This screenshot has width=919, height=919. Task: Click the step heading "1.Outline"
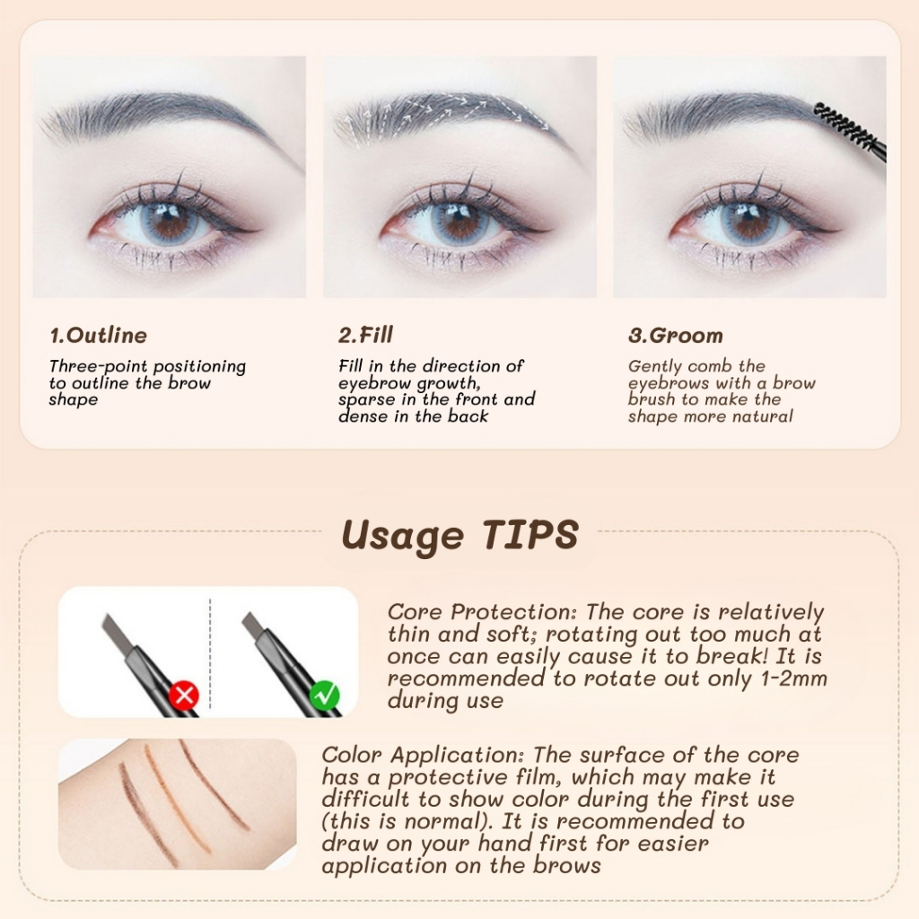(99, 336)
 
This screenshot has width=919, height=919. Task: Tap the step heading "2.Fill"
(365, 335)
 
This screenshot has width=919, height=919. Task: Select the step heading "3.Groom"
(675, 336)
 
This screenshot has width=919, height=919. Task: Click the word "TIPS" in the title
(530, 535)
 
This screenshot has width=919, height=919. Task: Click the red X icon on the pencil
(184, 696)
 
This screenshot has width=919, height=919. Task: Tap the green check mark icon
(325, 696)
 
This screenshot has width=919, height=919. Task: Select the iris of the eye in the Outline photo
(169, 225)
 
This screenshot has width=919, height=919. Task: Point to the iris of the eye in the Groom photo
(749, 225)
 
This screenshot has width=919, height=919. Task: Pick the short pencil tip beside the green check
(253, 625)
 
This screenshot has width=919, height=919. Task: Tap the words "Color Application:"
(424, 756)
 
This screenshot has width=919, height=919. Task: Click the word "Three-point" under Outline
(98, 366)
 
